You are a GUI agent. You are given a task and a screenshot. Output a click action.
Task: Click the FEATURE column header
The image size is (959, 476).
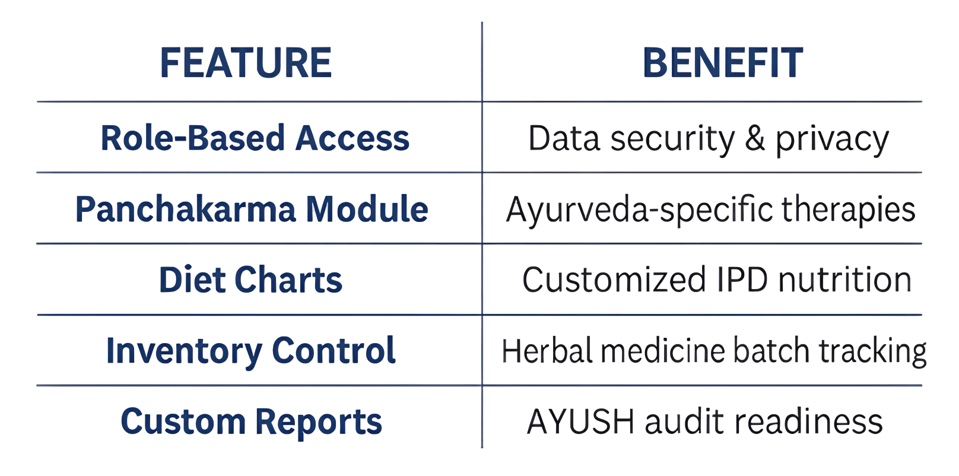246,63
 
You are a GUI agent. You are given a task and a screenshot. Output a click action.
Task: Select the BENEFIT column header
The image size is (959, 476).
723,63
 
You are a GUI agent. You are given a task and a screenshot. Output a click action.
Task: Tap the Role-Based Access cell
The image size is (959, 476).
255,138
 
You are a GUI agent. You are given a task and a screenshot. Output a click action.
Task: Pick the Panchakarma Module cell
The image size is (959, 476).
252,209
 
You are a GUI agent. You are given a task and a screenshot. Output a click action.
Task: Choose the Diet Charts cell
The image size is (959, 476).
250,280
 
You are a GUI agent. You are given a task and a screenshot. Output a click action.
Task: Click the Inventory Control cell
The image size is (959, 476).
251,351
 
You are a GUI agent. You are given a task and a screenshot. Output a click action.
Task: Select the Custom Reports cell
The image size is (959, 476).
251,421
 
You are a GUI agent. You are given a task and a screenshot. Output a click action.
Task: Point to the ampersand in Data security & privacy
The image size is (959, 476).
755,138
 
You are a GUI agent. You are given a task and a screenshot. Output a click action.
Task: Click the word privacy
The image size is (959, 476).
832,141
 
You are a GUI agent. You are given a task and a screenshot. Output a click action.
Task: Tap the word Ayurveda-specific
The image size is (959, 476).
639,210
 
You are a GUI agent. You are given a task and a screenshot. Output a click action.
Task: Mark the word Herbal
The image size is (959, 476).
547,350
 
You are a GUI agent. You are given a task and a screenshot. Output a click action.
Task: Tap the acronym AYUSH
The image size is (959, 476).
580,421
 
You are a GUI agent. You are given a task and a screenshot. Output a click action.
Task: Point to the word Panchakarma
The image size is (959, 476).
186,209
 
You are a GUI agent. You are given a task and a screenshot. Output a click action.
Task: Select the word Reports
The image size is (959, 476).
319,423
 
